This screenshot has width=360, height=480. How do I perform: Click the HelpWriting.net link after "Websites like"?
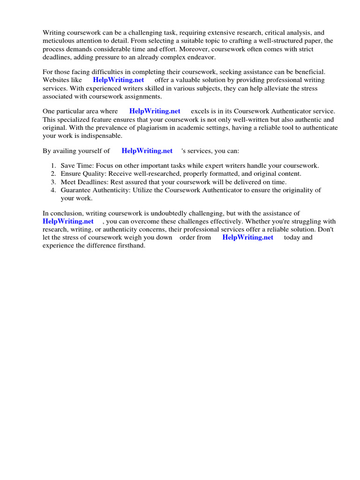tap(118, 80)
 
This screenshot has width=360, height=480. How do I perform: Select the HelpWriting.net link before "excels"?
tap(155, 111)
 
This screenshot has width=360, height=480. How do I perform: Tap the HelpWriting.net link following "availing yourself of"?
tap(147, 151)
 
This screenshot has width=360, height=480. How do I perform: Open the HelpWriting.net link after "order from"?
tap(247, 237)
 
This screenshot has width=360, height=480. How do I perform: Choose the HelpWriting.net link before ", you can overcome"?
tap(68, 221)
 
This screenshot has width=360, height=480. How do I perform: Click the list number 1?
tap(53, 166)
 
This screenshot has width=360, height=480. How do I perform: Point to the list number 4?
tap(53, 190)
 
